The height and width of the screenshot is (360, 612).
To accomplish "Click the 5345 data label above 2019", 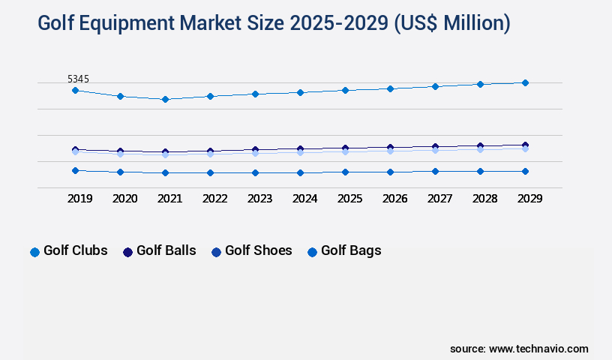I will [x=79, y=79].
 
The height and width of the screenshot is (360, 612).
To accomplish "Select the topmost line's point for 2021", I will [x=165, y=99].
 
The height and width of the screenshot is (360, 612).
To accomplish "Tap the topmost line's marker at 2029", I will [x=525, y=82].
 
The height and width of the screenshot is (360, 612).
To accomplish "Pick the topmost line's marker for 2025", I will [x=345, y=90].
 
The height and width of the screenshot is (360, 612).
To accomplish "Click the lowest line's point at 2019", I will [x=75, y=170].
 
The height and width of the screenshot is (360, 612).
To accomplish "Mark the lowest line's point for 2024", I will [x=300, y=172].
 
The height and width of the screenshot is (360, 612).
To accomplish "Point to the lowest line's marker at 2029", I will [x=525, y=171].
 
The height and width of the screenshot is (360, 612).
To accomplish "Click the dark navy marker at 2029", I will [x=525, y=145].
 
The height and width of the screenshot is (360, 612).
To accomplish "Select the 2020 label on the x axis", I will [x=124, y=199].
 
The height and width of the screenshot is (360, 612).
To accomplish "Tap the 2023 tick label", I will [x=259, y=199].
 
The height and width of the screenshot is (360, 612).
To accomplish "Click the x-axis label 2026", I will [x=394, y=199].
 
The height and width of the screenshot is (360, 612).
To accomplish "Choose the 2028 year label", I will [x=484, y=199].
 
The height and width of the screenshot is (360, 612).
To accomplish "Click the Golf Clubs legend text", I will [x=75, y=250].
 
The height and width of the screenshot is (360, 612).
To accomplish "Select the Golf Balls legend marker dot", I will [x=127, y=252].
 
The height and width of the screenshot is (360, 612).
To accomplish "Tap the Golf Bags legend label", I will [x=351, y=250].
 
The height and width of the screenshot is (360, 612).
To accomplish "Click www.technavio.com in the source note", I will [x=538, y=349].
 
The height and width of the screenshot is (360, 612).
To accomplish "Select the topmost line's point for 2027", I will [x=435, y=86].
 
